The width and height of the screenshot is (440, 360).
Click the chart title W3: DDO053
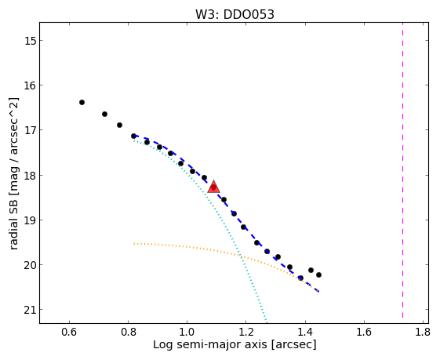pos(235,14)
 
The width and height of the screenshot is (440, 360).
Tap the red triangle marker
pos(213,187)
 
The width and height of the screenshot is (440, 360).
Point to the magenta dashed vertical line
pos(402,170)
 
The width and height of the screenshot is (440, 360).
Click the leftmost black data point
pos(82,103)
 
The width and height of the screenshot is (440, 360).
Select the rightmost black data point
pos(318,275)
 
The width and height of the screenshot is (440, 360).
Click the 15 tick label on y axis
pos(30,41)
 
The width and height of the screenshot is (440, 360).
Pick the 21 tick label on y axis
pos(30,310)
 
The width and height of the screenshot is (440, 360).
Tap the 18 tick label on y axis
pos(30,176)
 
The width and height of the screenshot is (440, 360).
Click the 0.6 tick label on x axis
pos(69,333)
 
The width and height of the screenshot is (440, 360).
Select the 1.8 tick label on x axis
pos(423,333)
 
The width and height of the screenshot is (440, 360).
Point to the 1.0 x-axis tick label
pos(187,333)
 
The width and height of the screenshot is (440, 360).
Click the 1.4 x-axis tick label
pos(305,333)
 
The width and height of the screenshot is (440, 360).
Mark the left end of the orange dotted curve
pos(134,244)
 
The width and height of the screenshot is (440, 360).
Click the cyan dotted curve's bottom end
pos(266,322)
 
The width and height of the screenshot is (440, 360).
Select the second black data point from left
pos(104,115)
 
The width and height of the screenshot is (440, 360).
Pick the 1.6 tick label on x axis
pos(364,333)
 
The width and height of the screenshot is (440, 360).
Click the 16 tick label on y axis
pos(30,85)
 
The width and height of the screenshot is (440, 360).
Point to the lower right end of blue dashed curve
pos(318,292)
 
